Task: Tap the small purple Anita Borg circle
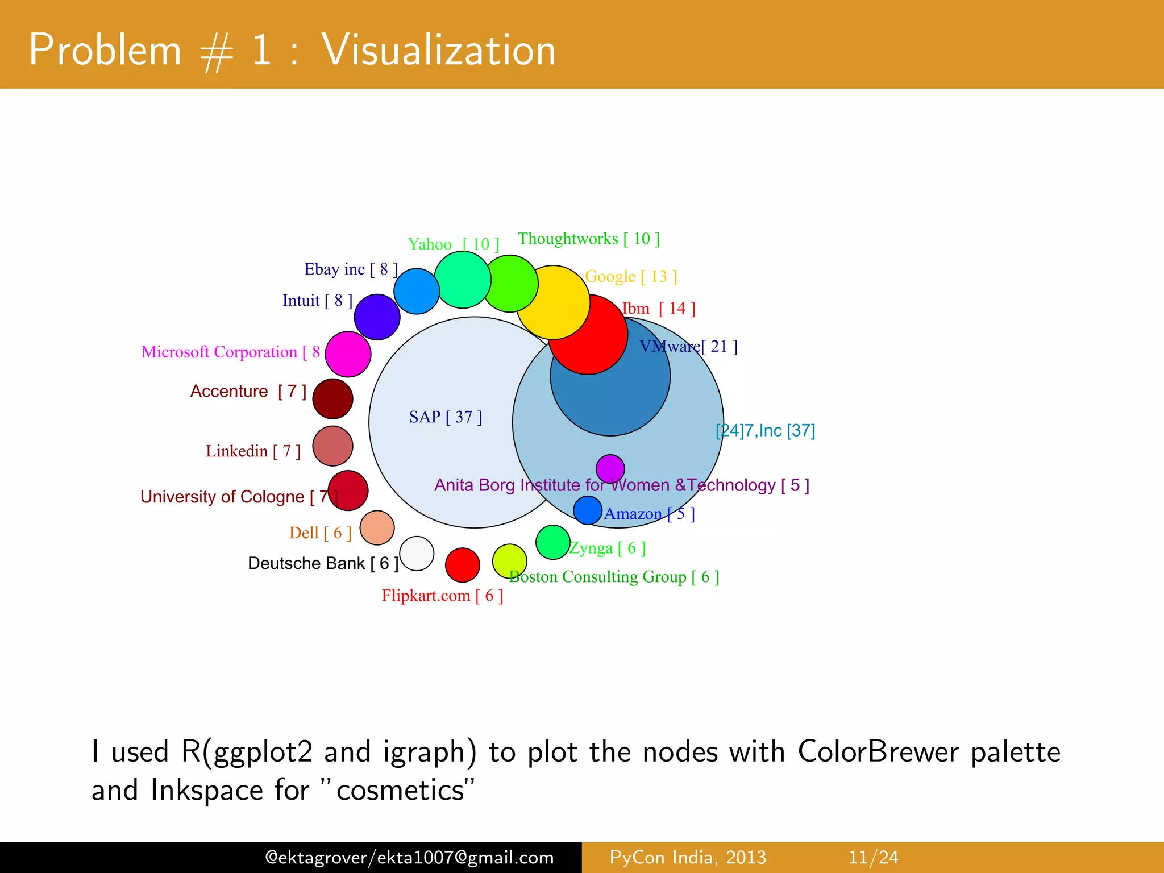[610, 469]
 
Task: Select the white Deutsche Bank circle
[417, 554]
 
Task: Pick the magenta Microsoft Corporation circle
[348, 354]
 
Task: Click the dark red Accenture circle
[332, 398]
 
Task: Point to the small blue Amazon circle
[587, 510]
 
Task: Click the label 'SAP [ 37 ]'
[446, 417]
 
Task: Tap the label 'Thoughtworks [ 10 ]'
[589, 239]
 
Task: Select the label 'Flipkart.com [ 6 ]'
[442, 596]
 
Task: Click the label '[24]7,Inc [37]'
[765, 431]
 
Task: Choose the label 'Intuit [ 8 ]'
[317, 301]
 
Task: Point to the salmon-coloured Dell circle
[377, 527]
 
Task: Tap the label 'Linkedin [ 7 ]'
[253, 451]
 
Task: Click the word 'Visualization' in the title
[438, 50]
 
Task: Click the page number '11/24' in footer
[873, 857]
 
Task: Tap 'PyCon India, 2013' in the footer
[688, 857]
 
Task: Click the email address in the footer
[409, 857]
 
